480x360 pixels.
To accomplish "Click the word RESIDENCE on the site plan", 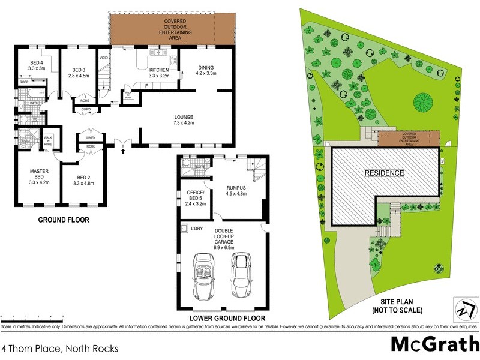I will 385,173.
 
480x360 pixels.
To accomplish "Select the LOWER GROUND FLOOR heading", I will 227,318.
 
